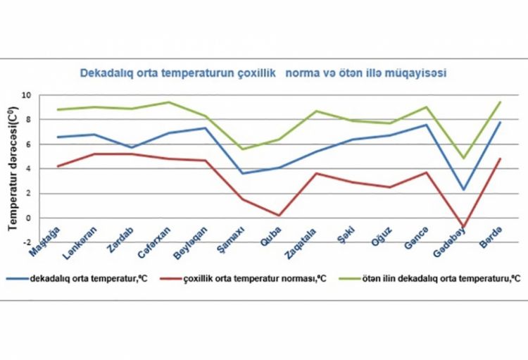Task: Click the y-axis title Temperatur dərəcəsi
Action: point(13,167)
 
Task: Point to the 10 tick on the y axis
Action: point(26,95)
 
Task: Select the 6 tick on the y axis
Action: point(27,144)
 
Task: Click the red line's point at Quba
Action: point(280,216)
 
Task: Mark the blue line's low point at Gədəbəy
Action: point(463,190)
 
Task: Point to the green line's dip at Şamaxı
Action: point(241,149)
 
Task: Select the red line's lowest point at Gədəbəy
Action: point(463,227)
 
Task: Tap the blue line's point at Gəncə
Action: point(426,125)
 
